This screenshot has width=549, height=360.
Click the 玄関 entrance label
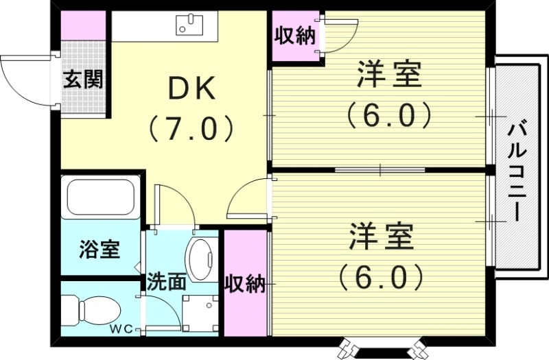(84, 80)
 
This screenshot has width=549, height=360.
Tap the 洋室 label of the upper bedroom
(388, 75)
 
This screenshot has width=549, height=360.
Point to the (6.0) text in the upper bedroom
(388, 115)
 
